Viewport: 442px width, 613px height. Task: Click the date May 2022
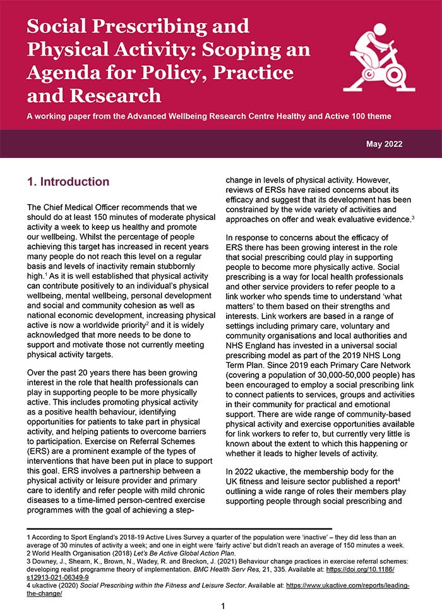coord(384,144)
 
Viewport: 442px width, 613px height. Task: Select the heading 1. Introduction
coord(68,182)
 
